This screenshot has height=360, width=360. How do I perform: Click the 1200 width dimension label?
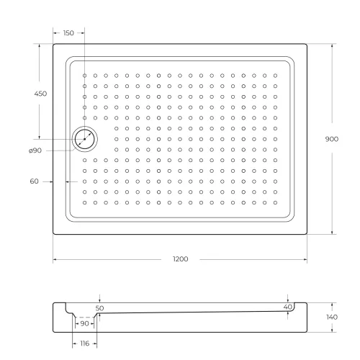[180, 258]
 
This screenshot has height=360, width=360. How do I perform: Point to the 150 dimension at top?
[68, 33]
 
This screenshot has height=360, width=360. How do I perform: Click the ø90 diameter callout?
[35, 150]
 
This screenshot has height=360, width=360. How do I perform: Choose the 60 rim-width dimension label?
[34, 181]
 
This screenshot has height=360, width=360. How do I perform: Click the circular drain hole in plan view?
[85, 139]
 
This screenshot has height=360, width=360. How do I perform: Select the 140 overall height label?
[332, 318]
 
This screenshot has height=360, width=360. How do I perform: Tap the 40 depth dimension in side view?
[287, 307]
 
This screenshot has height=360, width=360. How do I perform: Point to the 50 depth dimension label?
[99, 307]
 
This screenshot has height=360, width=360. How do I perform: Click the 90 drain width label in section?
[85, 324]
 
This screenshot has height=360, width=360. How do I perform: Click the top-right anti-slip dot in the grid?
[275, 75]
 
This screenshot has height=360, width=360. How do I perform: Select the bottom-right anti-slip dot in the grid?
[275, 203]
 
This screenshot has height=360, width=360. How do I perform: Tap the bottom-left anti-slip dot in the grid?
[84, 203]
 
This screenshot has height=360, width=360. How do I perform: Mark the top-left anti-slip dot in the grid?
[84, 75]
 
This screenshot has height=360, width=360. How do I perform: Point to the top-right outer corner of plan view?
[307, 45]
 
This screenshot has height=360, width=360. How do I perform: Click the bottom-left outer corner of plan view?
[53, 235]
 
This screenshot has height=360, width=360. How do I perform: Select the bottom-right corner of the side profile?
[307, 333]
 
